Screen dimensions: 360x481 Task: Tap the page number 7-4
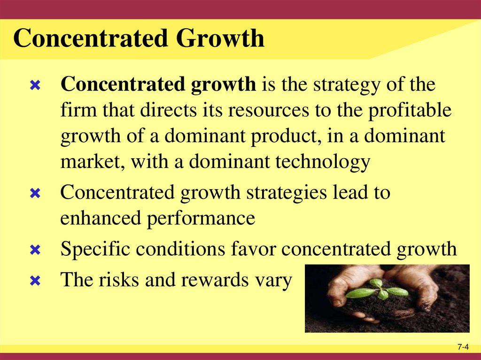(x=463, y=347)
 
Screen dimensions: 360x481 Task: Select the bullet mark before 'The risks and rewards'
(x=34, y=281)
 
